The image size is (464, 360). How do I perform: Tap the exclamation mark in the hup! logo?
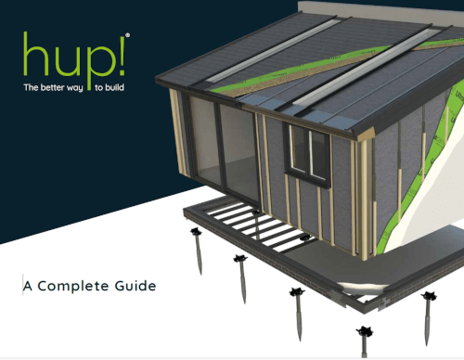(122, 56)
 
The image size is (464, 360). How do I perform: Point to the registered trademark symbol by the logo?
(128, 35)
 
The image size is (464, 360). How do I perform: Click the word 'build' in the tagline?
(114, 87)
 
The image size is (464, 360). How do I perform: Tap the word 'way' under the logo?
(74, 88)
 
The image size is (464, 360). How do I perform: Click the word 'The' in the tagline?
(31, 87)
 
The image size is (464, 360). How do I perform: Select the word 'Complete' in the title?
(73, 286)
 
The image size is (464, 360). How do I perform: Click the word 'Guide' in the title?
(135, 286)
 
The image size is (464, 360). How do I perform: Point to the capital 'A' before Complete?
(28, 287)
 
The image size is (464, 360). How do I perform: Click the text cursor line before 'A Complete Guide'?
(22, 285)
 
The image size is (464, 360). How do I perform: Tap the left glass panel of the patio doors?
(205, 141)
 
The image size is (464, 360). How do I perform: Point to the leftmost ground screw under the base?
(198, 251)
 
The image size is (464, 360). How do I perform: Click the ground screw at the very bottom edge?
(365, 341)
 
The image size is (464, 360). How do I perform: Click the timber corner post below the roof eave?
(364, 198)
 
